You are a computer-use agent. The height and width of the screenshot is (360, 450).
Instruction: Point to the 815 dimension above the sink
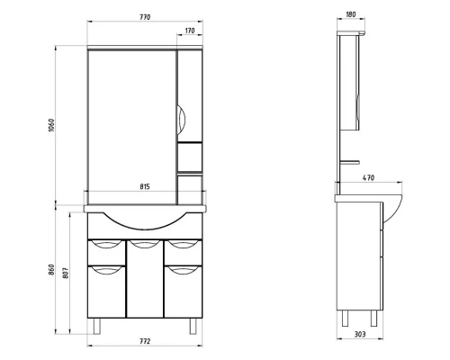pyautogui.click(x=145, y=187)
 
